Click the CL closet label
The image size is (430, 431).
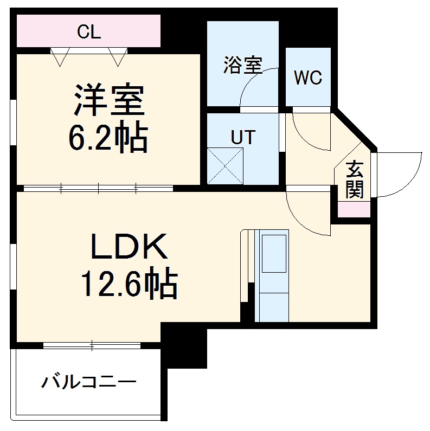click(88, 33)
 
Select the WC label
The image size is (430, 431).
click(308, 78)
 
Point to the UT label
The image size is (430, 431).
click(242, 137)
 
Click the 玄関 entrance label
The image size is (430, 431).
click(355, 179)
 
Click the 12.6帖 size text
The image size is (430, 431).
click(130, 284)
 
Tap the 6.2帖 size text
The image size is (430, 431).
click(108, 139)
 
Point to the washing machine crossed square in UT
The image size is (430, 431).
click(224, 165)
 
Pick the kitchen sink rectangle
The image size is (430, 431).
click(274, 254)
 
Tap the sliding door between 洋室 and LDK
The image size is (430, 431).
click(98, 189)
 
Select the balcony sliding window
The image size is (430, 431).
click(92, 344)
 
